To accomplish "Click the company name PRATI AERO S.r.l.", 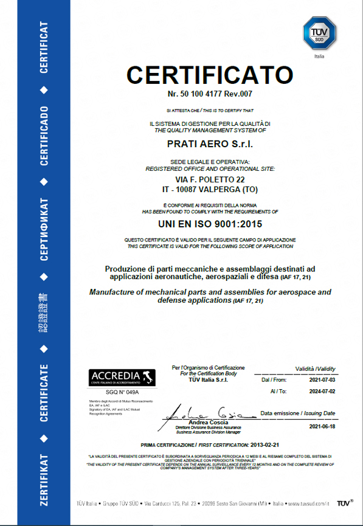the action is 209,144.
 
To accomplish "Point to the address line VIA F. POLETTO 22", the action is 210,180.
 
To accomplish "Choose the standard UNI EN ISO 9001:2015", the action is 210,224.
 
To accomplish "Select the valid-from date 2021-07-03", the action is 322,379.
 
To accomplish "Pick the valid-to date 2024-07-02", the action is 322,393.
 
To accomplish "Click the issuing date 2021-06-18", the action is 322,427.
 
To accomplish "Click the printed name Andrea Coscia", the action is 209,423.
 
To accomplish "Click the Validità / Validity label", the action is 315,369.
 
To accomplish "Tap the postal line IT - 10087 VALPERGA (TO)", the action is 210,190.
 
